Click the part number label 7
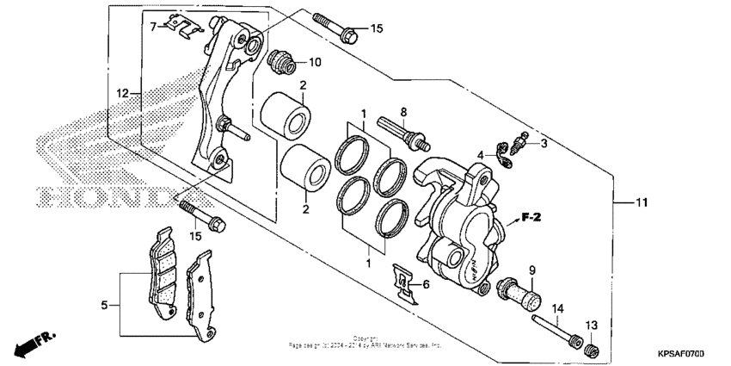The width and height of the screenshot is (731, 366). point(154,27)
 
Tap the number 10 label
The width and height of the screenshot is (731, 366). point(315,62)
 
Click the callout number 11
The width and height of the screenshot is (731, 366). point(641,203)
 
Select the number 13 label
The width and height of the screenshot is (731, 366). point(592,325)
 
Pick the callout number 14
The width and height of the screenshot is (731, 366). point(557,308)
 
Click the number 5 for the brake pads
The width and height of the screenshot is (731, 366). point(104,305)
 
